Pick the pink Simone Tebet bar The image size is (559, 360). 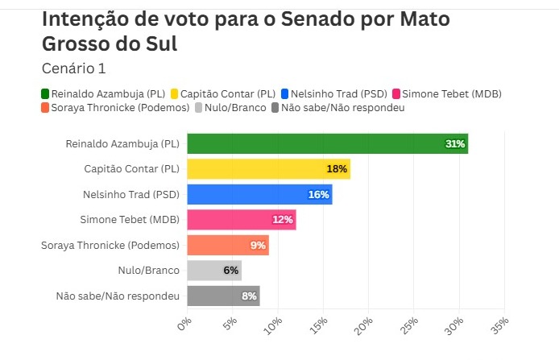pos(241,220)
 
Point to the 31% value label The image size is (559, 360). pos(455,144)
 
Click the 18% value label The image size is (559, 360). pos(337,169)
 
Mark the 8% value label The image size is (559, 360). pos(249,296)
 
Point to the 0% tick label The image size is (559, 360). pos(184,324)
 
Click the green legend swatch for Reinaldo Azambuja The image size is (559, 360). pos(45,93)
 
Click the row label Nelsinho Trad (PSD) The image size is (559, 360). pos(131,195)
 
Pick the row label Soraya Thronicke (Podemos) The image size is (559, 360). pos(110,246)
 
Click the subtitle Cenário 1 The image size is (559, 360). pos(73,68)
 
